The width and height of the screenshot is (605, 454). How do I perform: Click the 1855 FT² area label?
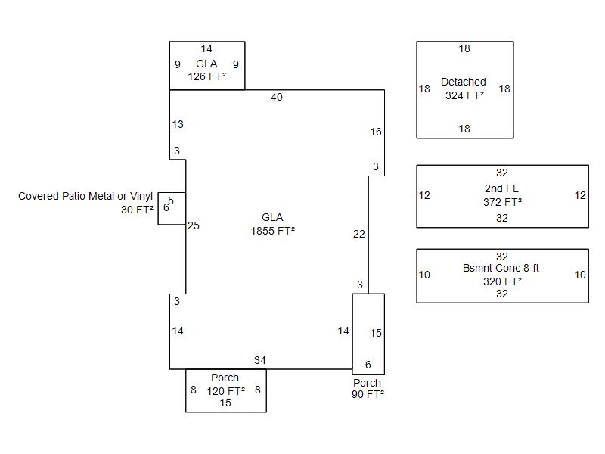click(x=272, y=232)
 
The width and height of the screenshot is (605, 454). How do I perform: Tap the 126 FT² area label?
click(x=206, y=77)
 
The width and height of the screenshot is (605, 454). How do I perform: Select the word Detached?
click(x=464, y=82)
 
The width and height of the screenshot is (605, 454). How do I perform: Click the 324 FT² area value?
click(x=464, y=96)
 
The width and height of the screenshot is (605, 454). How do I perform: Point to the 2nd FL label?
click(x=502, y=188)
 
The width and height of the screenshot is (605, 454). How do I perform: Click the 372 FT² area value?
click(x=502, y=202)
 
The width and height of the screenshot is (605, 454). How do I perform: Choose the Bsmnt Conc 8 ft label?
click(x=501, y=269)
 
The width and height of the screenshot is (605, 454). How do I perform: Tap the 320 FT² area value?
click(x=502, y=281)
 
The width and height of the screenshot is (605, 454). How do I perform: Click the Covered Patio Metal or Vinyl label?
click(x=85, y=197)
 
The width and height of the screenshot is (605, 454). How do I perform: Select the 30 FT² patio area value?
click(x=137, y=210)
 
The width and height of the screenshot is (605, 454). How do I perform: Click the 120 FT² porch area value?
click(x=225, y=391)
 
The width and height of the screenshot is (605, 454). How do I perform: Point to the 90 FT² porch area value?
click(x=368, y=394)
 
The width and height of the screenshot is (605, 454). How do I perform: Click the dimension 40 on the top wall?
click(x=277, y=98)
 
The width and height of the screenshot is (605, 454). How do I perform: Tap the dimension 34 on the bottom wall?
click(x=259, y=361)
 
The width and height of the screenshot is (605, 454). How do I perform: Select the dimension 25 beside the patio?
click(x=194, y=225)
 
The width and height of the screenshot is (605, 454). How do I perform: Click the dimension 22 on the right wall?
click(x=359, y=235)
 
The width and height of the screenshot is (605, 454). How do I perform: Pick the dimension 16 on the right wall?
click(x=376, y=132)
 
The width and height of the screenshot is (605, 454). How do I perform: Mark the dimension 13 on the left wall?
click(x=178, y=125)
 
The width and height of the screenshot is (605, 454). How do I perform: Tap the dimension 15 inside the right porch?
click(x=376, y=334)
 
